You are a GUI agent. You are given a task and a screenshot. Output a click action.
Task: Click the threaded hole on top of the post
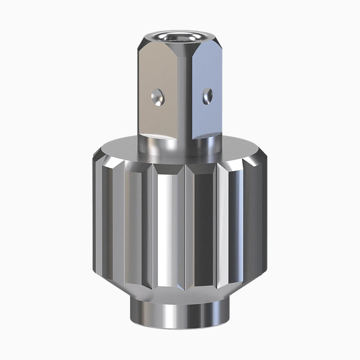pyautogui.click(x=180, y=38)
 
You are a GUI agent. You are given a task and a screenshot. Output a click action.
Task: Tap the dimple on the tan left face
pyautogui.click(x=159, y=96)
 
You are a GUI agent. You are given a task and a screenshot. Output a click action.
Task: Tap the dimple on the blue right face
pyautogui.click(x=207, y=95)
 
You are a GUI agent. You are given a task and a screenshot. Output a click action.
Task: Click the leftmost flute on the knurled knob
pyautogui.click(x=98, y=216)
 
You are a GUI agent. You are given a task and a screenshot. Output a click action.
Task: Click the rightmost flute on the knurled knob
pyautogui.click(x=262, y=216)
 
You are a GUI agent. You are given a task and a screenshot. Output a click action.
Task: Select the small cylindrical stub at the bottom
pyautogui.click(x=180, y=314)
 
